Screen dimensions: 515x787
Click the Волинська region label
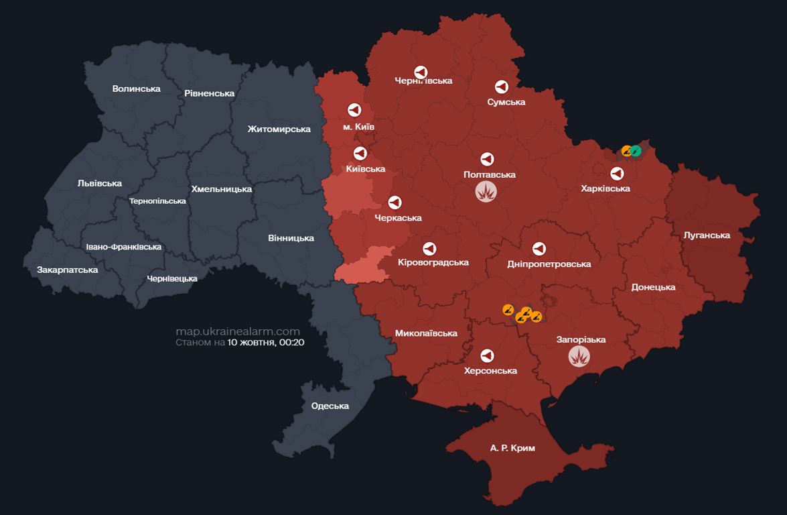click(x=137, y=89)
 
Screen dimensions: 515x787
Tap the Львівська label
click(x=100, y=183)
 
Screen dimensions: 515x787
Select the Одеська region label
click(x=330, y=406)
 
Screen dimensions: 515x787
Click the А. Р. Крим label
click(x=512, y=447)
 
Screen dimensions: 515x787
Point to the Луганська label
click(x=707, y=235)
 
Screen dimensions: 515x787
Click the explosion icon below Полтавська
click(x=486, y=192)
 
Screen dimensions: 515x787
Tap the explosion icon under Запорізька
click(x=579, y=356)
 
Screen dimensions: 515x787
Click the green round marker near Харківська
click(x=636, y=151)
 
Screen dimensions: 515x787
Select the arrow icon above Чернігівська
click(x=421, y=72)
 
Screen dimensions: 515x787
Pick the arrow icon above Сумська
click(x=502, y=87)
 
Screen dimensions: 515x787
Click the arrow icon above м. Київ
click(x=354, y=109)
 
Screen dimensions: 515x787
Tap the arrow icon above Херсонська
click(x=488, y=355)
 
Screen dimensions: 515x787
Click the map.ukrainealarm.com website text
click(x=238, y=331)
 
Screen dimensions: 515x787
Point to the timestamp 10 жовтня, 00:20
click(x=266, y=342)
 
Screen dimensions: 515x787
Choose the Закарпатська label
click(x=68, y=270)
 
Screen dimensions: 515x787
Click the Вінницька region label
click(x=291, y=238)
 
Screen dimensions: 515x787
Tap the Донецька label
click(x=653, y=287)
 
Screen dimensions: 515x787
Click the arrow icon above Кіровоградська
click(x=429, y=248)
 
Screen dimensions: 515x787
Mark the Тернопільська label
click(x=157, y=201)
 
